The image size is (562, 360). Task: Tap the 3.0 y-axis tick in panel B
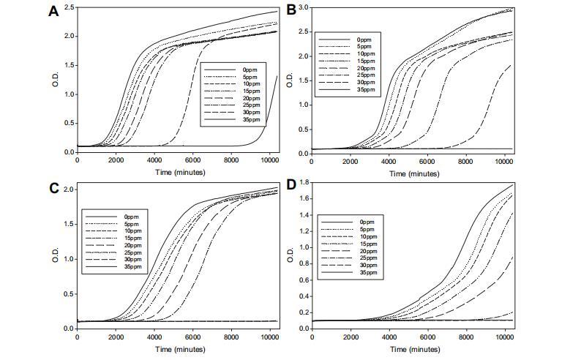coord(303,7)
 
